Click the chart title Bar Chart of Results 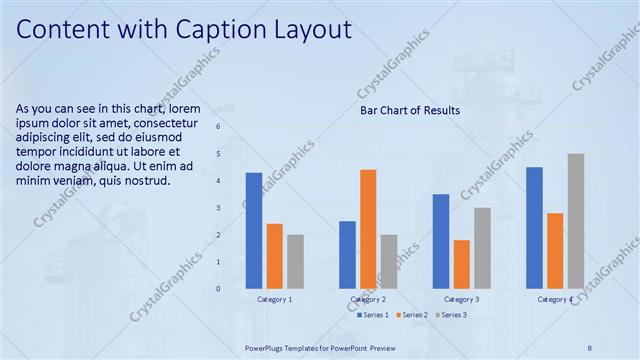pos(410,110)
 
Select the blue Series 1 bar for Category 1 pos(254,230)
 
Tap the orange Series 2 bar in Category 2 pos(368,229)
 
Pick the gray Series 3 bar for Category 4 pos(575,221)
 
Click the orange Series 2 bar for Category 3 pos(461,264)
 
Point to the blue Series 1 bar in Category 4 pos(534,227)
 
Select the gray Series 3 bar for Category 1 pos(295,261)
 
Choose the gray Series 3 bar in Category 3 pos(482,248)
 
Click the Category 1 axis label pos(275,299)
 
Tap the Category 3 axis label pos(461,299)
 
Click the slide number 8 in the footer pos(590,347)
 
